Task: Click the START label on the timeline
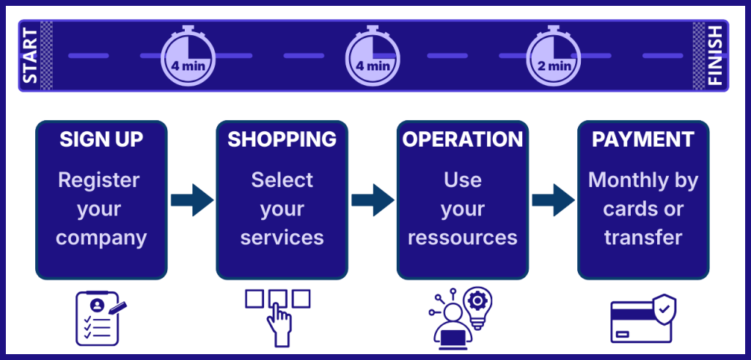coord(30,56)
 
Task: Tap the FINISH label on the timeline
coord(715,56)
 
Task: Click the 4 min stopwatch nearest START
coord(188,57)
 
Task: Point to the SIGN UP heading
coord(101,139)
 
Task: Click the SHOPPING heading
coord(282,139)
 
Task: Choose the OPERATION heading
coord(463,139)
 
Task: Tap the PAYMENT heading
coord(643,139)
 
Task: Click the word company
coord(101,238)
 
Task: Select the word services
coord(282,238)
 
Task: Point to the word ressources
coord(463,238)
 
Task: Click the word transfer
coord(643,238)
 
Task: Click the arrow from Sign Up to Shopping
coord(191,199)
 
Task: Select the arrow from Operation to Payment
coord(553,199)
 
